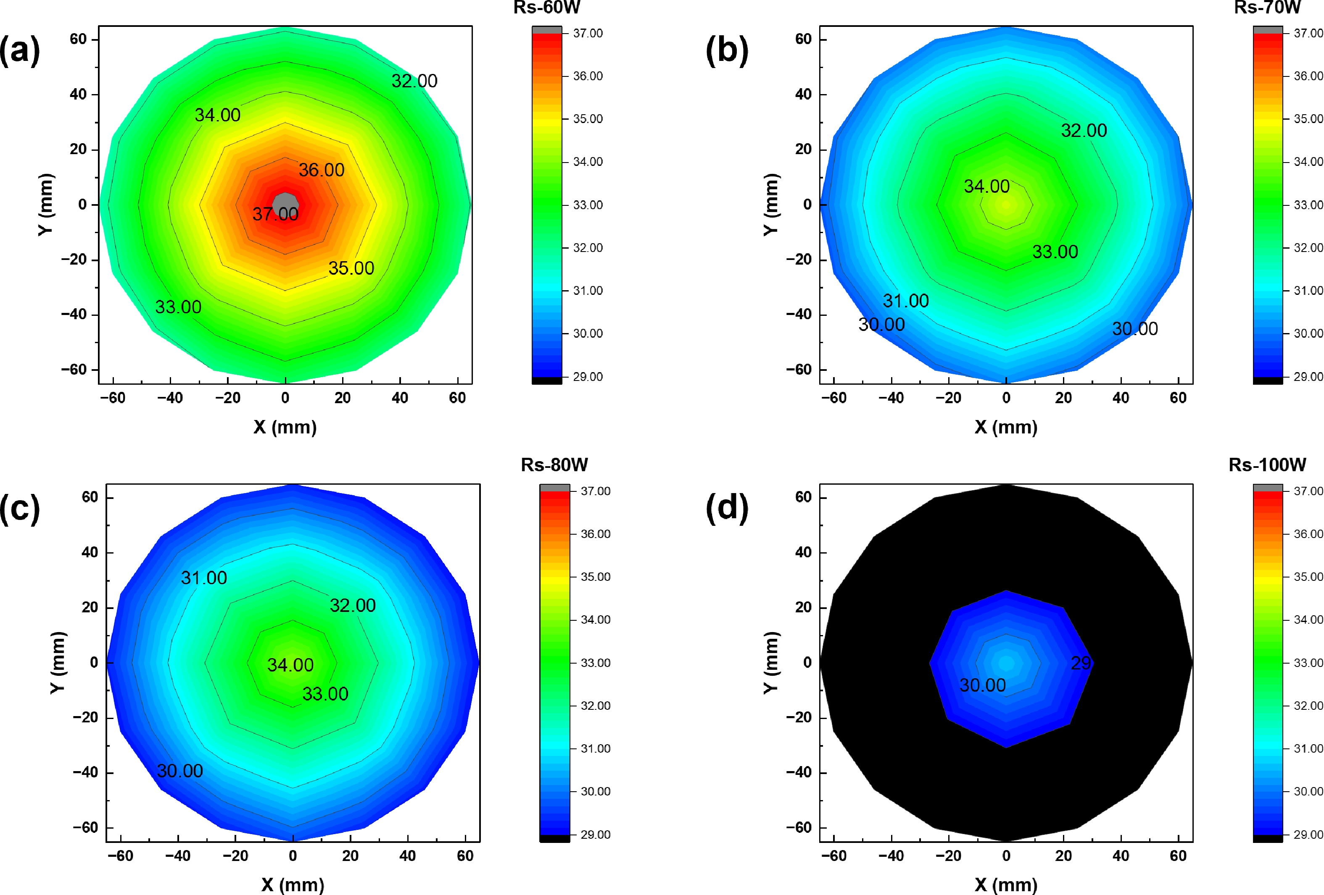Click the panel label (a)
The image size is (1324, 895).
click(20, 51)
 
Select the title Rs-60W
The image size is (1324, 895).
click(546, 8)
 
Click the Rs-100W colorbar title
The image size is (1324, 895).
click(1267, 465)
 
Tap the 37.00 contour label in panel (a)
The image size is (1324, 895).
click(275, 214)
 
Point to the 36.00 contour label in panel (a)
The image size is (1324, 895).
click(321, 170)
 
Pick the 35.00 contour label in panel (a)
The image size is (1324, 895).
click(351, 268)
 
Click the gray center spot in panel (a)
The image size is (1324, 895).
click(285, 203)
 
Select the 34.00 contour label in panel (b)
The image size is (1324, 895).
click(987, 186)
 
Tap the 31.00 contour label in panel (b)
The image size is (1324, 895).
click(906, 301)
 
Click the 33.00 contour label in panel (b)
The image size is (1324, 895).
click(1055, 252)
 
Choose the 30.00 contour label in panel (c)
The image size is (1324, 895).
click(180, 771)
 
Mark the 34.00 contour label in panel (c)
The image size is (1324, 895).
click(290, 665)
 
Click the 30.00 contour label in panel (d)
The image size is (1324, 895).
click(983, 685)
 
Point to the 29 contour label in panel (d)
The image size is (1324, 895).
click(1081, 663)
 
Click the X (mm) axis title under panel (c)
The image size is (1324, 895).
click(293, 884)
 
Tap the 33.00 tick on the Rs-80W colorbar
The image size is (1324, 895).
click(595, 663)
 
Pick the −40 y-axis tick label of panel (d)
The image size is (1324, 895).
click(799, 773)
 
